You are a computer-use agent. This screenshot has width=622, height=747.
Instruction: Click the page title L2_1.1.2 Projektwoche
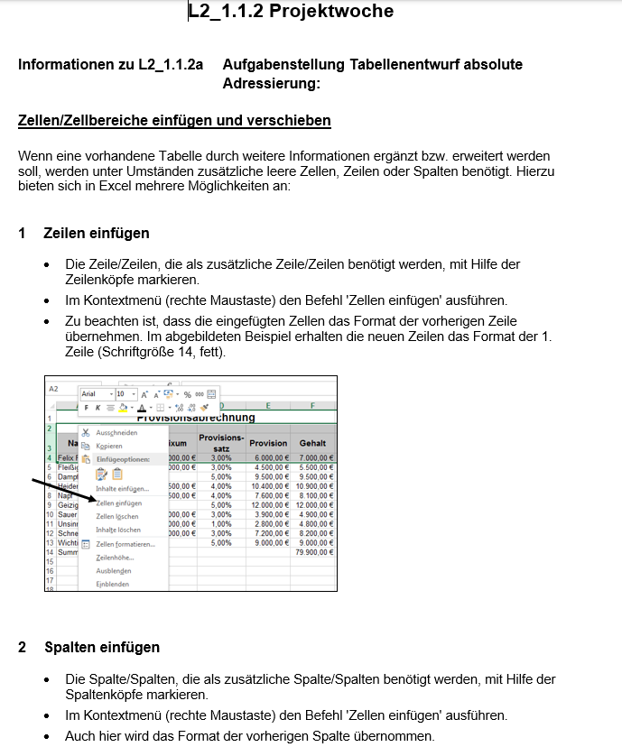click(291, 12)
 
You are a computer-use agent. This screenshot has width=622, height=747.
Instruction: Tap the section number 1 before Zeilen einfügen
click(23, 234)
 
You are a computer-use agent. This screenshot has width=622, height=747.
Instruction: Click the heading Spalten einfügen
click(102, 647)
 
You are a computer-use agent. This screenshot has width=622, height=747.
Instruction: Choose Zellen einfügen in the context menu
click(118, 503)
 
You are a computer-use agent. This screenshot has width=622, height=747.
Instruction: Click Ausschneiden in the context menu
click(116, 433)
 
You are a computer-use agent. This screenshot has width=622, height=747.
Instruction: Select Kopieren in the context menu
click(109, 446)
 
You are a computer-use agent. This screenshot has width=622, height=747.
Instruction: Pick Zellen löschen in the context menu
click(117, 516)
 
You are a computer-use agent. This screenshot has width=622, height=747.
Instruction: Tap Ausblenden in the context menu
click(114, 570)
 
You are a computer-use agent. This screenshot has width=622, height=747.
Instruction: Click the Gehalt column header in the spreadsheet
click(312, 443)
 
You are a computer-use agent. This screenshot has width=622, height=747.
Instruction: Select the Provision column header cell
click(268, 443)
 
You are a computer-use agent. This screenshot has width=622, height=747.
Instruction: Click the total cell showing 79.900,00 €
click(313, 552)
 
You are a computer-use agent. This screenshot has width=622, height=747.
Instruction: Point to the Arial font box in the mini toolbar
click(89, 394)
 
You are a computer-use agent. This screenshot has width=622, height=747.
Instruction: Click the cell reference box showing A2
click(54, 389)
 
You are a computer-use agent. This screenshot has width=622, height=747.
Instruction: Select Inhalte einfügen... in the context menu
click(122, 488)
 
